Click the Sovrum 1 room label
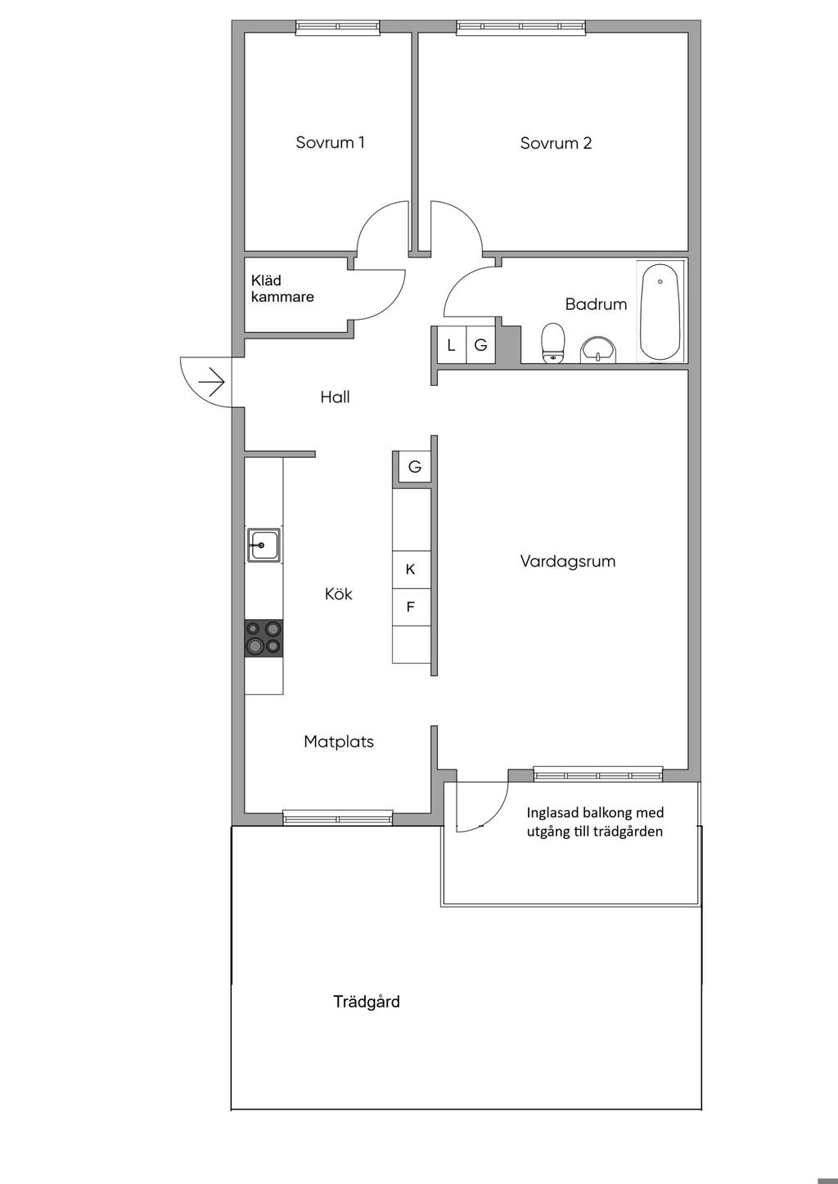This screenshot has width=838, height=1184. coord(330,142)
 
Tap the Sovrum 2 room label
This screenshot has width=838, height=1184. coord(556,143)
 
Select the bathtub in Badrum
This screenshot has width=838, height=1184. coord(660,312)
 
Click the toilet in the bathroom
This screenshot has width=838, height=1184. coord(554,342)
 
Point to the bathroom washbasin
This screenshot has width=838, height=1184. coord(600,350)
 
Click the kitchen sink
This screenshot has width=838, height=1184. coord(264,545)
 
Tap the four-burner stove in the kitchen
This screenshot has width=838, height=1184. coord(264,638)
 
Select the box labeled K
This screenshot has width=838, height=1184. coord(411,569)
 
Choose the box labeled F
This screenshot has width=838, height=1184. coord(411,607)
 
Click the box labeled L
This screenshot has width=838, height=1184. coord(451,345)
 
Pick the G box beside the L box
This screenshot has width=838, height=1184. coord(481,345)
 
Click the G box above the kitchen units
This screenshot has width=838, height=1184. coord(415,467)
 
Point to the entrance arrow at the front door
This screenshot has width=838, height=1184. coord(211,382)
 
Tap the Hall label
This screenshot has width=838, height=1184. coord(335,397)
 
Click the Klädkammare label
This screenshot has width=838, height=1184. coord(282,289)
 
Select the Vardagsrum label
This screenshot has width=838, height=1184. coord(567,562)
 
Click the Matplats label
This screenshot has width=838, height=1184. coord(338,742)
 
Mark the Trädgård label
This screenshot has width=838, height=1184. coord(367,1002)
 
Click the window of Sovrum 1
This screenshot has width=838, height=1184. coord(338,27)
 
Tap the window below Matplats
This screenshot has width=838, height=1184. coord(337,817)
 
